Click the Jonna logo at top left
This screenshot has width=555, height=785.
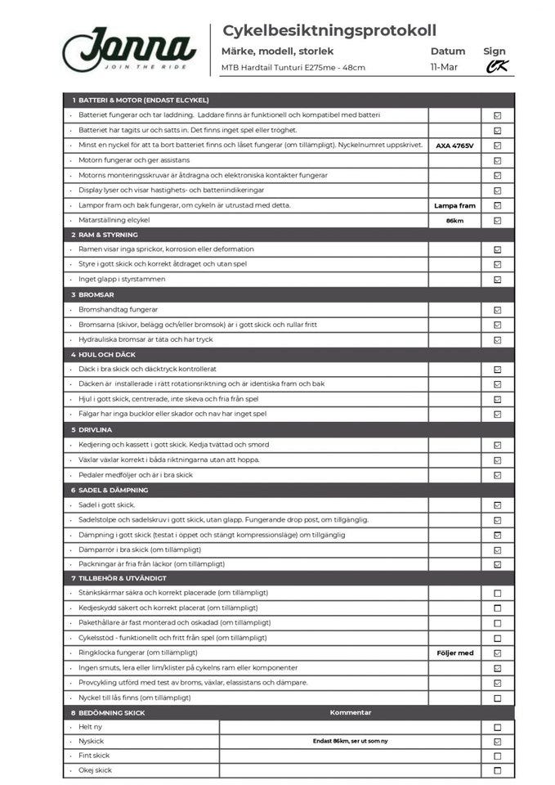click(x=129, y=47)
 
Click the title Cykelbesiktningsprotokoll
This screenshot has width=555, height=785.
click(x=329, y=30)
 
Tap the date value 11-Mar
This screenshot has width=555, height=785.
click(x=444, y=67)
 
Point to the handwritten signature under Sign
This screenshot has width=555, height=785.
click(x=496, y=67)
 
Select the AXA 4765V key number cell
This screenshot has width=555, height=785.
click(x=454, y=146)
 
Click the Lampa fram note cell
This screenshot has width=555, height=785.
click(x=454, y=205)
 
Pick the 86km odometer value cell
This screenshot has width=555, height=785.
click(x=454, y=221)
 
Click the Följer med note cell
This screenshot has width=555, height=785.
click(x=454, y=653)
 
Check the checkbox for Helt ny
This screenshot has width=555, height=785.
click(x=497, y=727)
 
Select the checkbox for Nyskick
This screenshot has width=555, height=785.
click(x=497, y=742)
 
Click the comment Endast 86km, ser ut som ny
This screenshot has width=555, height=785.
click(x=350, y=742)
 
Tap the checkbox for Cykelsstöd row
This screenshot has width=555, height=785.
click(x=497, y=638)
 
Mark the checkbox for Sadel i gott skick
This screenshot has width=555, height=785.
click(x=497, y=505)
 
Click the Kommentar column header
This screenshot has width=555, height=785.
click(x=350, y=712)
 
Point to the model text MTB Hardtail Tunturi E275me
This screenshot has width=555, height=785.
click(x=293, y=68)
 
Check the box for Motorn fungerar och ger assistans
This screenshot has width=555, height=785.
click(x=497, y=160)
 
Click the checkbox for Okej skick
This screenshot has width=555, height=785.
click(x=497, y=770)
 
